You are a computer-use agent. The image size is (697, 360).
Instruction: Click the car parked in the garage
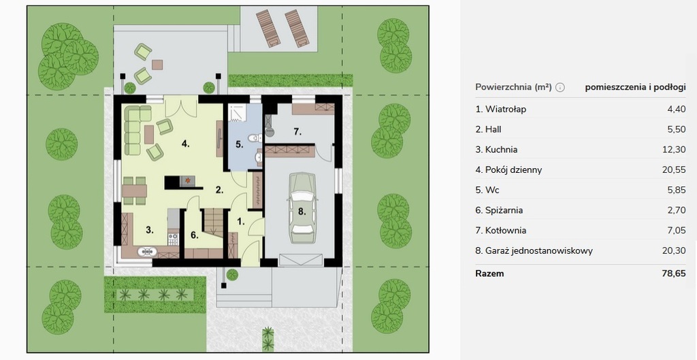pos(302,208)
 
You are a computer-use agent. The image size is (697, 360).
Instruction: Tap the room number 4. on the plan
pos(185,144)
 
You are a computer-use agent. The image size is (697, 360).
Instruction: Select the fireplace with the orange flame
pos(187,180)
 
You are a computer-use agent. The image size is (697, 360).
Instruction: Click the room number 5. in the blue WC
pos(239,144)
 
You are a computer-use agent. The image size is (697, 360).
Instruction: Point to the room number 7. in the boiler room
pos(297,131)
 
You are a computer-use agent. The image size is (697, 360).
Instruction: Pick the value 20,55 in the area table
pos(674,169)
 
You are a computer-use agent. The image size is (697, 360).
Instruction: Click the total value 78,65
pos(674,274)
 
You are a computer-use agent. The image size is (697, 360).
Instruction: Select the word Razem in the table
pos(489,274)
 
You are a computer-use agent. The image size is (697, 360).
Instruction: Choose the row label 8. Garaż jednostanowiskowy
pos(534,250)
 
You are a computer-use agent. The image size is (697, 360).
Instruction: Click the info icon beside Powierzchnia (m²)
pos(560,87)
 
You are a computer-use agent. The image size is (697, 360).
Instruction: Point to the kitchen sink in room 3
pos(147,252)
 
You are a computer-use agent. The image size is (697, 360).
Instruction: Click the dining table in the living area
pos(135,191)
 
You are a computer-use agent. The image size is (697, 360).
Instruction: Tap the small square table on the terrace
pos(157,65)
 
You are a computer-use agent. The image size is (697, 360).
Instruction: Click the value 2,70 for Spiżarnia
pos(677,210)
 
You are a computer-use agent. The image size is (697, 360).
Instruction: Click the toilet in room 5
pos(255,137)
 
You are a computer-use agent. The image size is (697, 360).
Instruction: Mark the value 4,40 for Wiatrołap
pos(677,109)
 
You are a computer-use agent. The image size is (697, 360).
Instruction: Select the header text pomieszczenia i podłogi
pos(635,87)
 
